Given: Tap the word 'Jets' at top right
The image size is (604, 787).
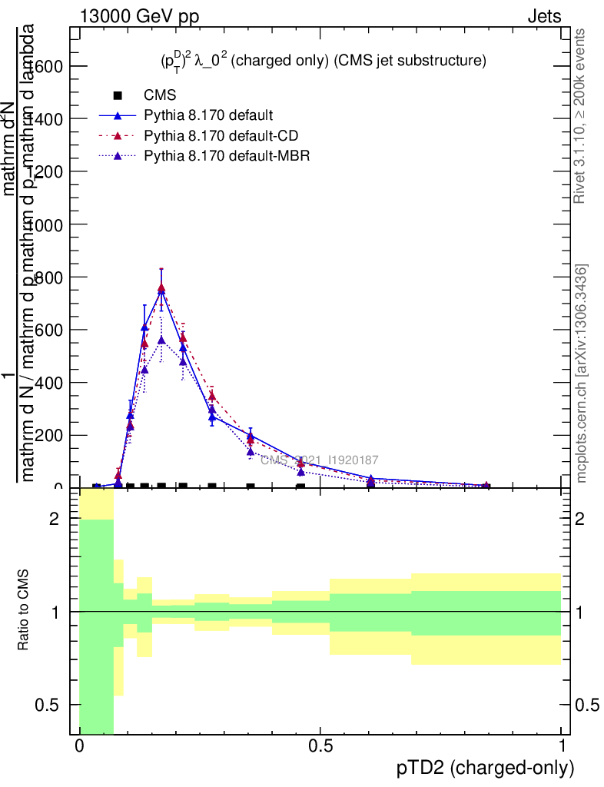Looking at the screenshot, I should point(543,16).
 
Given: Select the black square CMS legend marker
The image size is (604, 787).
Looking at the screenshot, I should point(118,95).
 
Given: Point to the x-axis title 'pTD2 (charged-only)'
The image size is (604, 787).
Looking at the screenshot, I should point(485,768).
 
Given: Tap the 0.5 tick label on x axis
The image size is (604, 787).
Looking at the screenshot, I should point(320,746).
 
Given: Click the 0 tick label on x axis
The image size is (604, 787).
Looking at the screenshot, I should point(79,746).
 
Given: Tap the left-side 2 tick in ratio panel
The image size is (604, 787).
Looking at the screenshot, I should point(55,519).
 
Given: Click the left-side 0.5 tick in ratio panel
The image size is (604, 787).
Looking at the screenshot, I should point(48,705).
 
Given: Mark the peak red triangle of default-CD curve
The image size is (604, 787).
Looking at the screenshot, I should point(161,288).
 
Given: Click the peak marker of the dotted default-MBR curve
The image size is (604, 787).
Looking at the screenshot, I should point(161,340).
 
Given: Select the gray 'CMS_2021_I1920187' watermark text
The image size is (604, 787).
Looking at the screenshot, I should point(319,460).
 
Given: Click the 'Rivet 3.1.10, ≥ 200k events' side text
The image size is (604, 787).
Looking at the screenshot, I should point(580,116).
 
